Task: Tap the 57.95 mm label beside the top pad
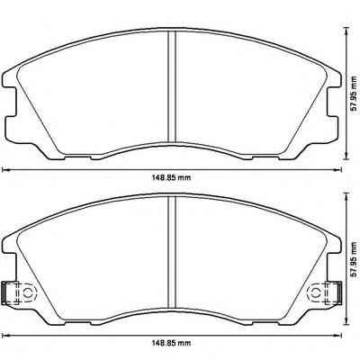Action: tap(355, 94)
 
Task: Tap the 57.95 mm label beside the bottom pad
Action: tap(355, 259)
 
